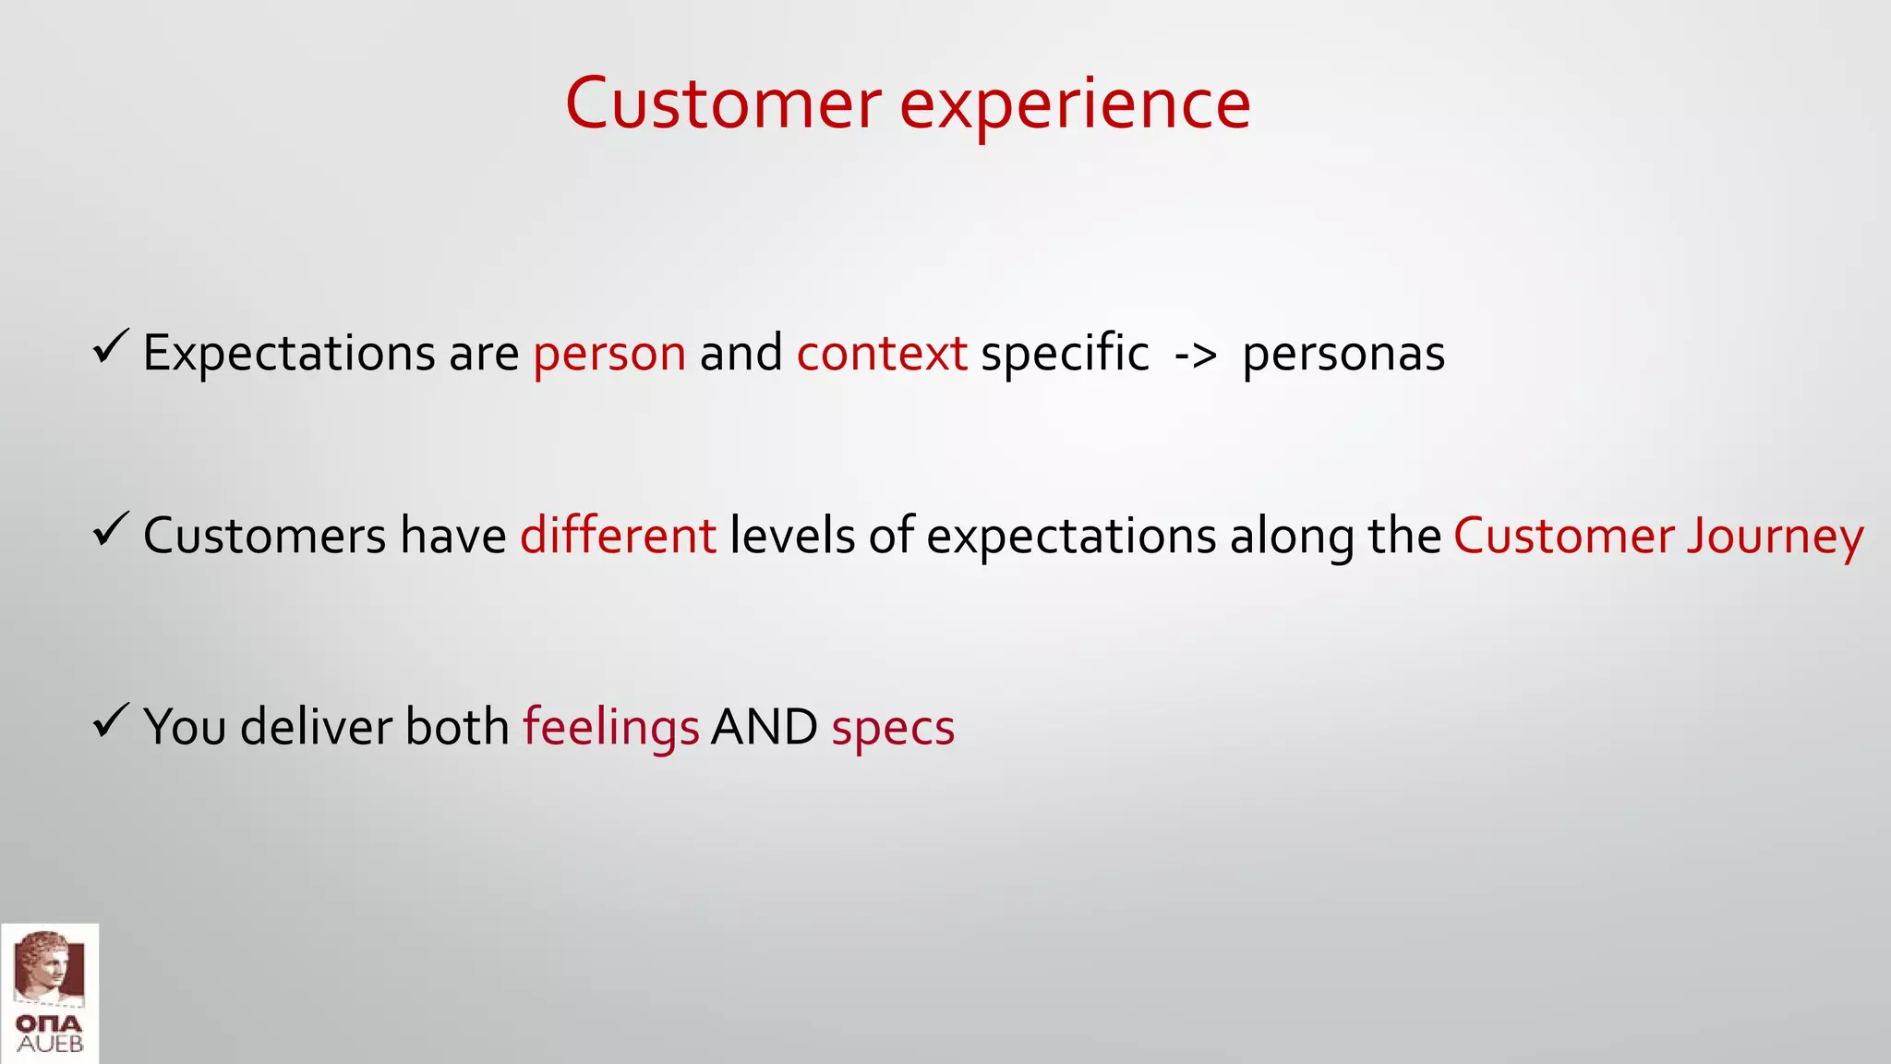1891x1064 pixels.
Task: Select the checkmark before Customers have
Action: click(x=111, y=530)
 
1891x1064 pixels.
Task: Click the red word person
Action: click(x=609, y=355)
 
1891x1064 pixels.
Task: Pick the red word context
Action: click(x=882, y=353)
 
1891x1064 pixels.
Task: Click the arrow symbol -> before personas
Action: click(x=1196, y=355)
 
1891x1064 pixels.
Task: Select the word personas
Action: click(x=1343, y=355)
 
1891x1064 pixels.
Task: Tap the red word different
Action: click(x=618, y=536)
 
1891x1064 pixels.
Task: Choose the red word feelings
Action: click(x=611, y=728)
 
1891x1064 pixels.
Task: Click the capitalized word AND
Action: click(x=765, y=727)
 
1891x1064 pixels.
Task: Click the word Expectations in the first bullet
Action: click(x=289, y=355)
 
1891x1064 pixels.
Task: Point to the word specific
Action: click(x=1065, y=353)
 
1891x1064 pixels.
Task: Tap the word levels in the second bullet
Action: click(x=792, y=536)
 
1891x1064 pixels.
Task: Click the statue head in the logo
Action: click(x=46, y=966)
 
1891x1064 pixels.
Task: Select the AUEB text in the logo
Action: click(x=50, y=1045)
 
